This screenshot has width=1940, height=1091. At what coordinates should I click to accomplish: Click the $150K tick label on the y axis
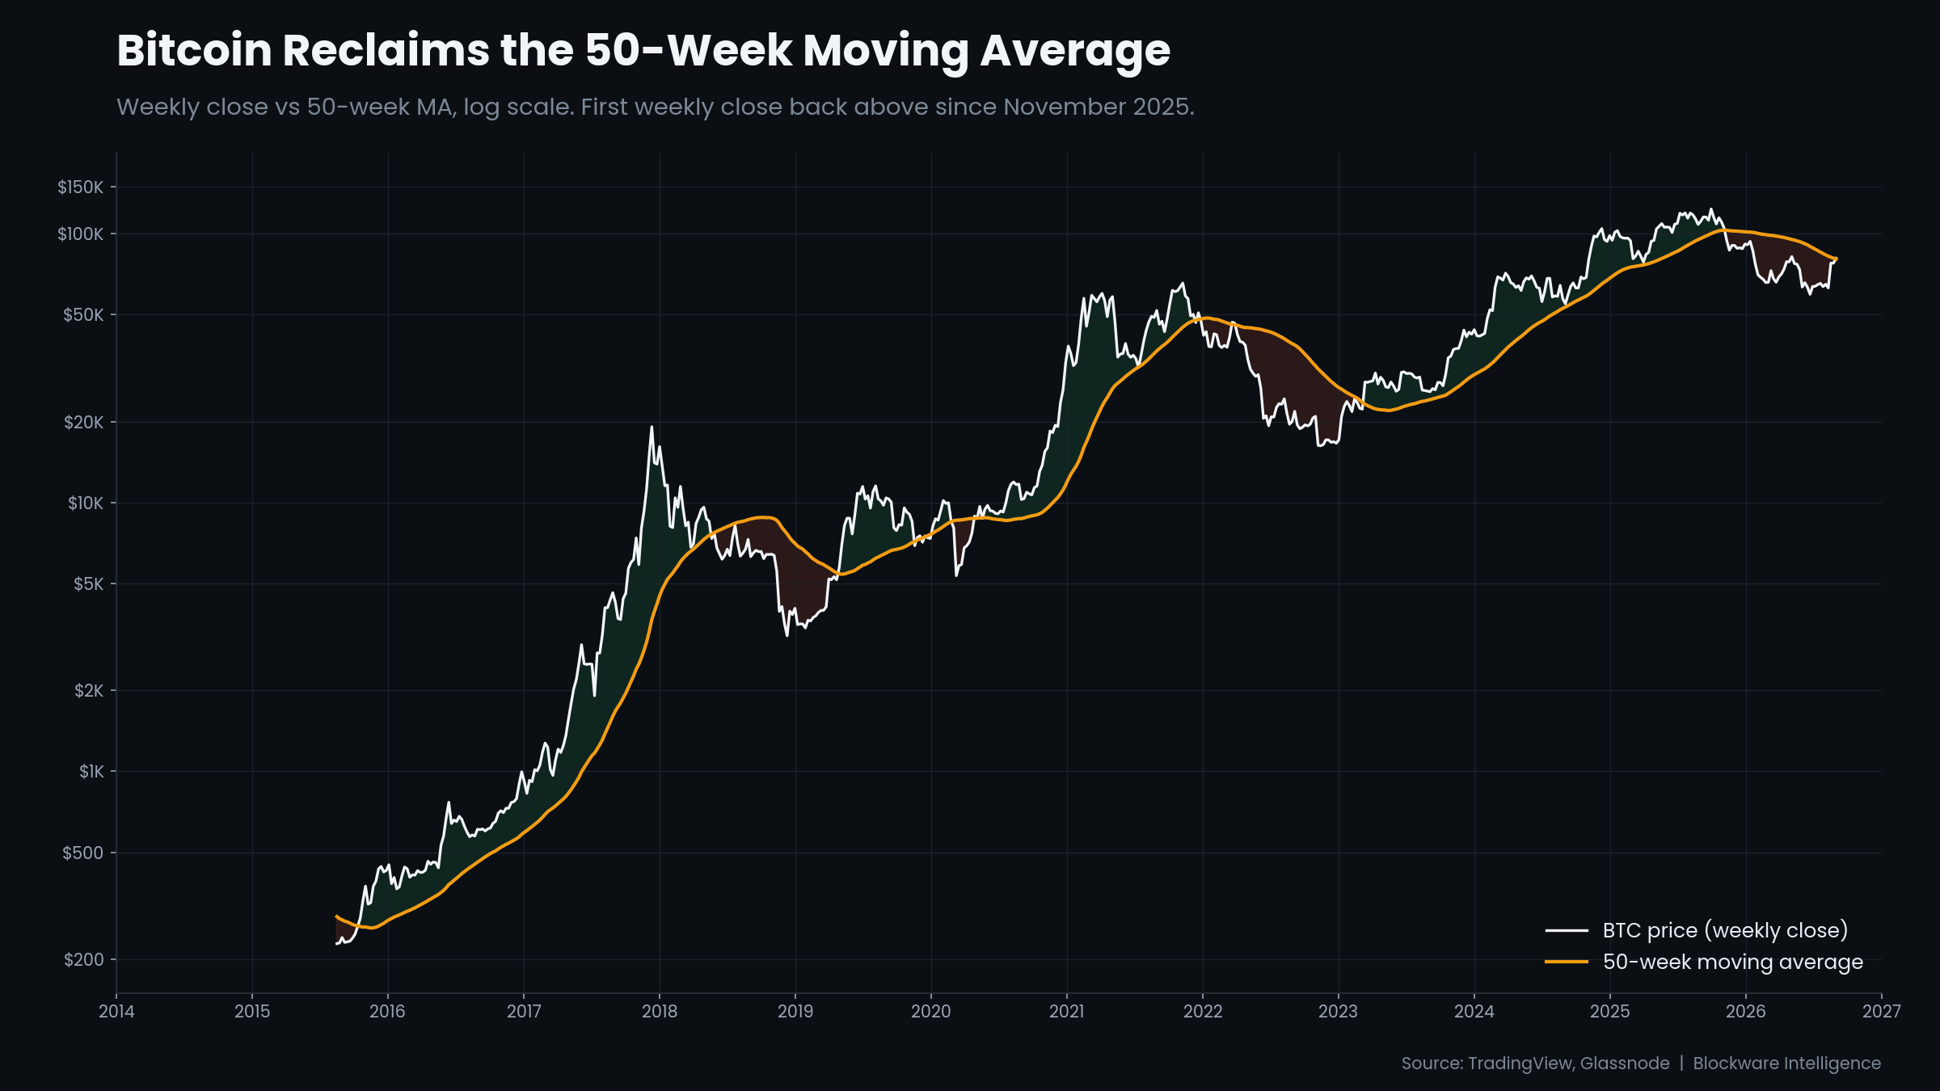(80, 187)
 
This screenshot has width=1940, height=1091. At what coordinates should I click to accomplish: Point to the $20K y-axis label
(83, 422)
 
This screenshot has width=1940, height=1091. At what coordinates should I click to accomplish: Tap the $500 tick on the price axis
(83, 853)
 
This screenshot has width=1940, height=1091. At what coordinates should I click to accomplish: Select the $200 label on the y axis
(83, 959)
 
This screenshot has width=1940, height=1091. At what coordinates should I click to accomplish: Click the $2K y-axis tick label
(89, 690)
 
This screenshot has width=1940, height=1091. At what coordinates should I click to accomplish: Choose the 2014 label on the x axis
(116, 1011)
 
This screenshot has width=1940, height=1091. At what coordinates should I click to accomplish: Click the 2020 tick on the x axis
(931, 1011)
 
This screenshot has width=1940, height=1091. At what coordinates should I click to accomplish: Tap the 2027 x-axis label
(1882, 1011)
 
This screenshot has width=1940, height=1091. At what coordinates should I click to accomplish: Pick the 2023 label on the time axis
(1339, 1011)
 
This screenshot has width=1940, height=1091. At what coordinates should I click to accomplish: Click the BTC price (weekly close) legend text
(1725, 931)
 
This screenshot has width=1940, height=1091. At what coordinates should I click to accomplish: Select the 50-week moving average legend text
(1733, 962)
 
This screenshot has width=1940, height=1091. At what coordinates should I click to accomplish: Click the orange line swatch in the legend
(1567, 962)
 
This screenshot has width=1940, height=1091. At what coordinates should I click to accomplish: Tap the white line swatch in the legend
(1567, 931)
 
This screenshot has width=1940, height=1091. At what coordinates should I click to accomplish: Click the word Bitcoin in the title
(194, 50)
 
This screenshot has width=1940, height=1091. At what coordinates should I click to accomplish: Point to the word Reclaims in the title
(386, 50)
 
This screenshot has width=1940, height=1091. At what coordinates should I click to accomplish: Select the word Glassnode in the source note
(1625, 1064)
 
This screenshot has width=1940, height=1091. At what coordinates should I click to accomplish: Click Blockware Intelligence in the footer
(1787, 1064)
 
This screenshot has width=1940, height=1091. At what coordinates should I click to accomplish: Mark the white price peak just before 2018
(652, 427)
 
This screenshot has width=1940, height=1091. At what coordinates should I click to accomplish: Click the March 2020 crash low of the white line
(956, 575)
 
